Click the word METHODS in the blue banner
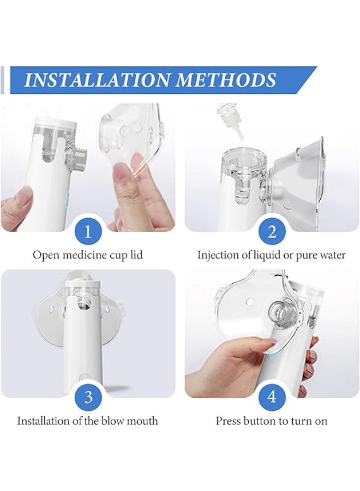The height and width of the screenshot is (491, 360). click(225, 80)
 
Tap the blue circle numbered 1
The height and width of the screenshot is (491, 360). click(88, 232)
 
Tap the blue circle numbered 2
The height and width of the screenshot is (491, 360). click(272, 232)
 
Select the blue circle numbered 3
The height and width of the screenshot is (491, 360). click(88, 397)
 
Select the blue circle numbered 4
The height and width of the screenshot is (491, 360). click(272, 397)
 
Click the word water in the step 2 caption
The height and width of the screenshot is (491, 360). click(333, 255)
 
